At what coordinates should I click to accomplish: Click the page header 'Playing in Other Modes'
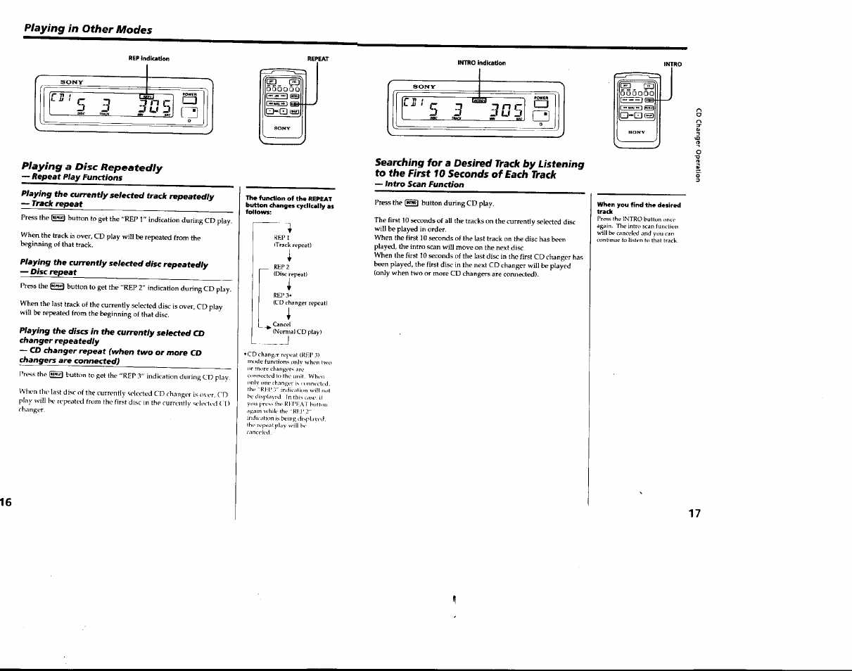[x=87, y=29]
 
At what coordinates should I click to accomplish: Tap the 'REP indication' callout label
[x=148, y=58]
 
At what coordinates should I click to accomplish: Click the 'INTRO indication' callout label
[x=481, y=63]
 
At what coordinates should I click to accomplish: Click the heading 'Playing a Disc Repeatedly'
[x=91, y=167]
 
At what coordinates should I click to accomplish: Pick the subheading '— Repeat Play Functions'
[x=71, y=178]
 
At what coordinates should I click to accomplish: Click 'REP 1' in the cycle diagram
[x=281, y=238]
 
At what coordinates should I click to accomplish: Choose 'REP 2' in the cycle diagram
[x=281, y=267]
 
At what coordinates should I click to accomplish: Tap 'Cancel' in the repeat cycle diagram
[x=281, y=324]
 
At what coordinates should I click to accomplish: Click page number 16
[x=6, y=501]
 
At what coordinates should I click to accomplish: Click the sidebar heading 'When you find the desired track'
[x=638, y=208]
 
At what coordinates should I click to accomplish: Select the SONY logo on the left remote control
[x=281, y=128]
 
